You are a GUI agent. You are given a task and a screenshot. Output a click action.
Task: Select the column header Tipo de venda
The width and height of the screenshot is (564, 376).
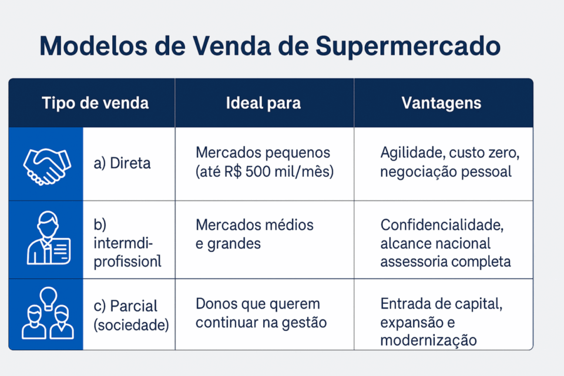click(95, 103)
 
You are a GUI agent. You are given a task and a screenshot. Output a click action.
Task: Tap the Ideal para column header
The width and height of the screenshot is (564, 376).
click(263, 103)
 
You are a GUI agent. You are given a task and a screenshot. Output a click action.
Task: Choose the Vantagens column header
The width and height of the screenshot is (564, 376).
click(441, 103)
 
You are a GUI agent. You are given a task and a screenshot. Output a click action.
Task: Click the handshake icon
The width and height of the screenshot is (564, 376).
click(46, 164)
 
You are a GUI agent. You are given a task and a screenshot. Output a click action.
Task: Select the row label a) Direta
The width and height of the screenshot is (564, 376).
click(122, 163)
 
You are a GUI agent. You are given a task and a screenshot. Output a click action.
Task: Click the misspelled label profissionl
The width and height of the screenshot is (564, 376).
click(127, 262)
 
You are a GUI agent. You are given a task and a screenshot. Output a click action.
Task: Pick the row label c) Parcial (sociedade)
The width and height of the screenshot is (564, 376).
click(130, 315)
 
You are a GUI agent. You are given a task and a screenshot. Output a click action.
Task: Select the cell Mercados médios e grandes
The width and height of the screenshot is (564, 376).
click(254, 234)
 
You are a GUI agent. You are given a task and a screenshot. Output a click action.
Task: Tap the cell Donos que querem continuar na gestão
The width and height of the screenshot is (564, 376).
click(260, 313)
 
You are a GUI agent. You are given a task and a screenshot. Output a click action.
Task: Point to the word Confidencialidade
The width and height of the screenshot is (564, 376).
click(442, 225)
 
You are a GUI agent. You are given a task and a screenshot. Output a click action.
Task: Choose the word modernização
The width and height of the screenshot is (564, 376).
click(428, 340)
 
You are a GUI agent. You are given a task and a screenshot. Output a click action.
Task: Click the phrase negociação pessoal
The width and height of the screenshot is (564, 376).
click(445, 172)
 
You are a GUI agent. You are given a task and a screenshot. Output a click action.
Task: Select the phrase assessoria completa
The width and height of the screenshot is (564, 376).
click(445, 261)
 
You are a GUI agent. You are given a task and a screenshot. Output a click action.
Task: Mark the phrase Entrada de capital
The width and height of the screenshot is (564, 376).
click(441, 304)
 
